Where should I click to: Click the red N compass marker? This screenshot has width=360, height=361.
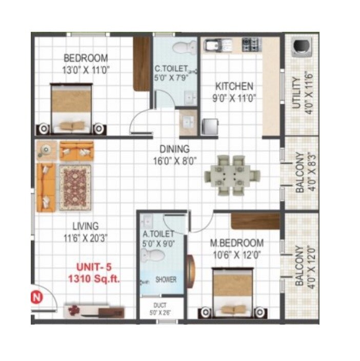point(36,296)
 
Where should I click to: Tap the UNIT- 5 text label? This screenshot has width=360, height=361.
point(94,267)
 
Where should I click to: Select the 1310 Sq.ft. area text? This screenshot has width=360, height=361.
point(94,279)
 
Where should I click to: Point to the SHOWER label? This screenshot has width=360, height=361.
point(166,280)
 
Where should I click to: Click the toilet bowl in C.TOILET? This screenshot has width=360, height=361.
point(181,48)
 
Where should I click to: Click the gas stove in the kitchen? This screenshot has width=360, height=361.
point(252,44)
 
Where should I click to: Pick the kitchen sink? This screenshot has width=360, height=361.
point(214,45)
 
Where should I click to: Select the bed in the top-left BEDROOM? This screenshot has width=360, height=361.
point(72,106)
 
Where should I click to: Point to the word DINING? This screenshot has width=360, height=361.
point(174,150)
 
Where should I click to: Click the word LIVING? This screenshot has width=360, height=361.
point(86,226)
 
